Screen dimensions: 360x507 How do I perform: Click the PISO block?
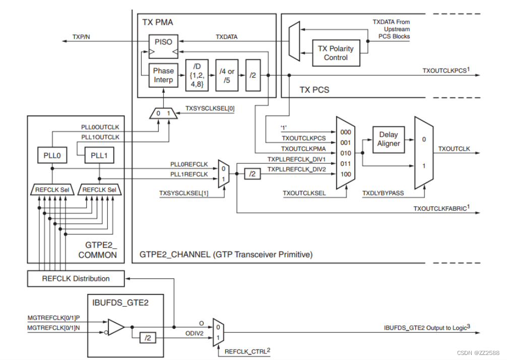coord(163,41)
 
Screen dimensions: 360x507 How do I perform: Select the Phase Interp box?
coord(163,75)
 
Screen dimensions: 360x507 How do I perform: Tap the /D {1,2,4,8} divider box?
coord(196,75)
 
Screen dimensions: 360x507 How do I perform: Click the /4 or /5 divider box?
coord(227,75)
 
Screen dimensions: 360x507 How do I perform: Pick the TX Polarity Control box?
coord(336,53)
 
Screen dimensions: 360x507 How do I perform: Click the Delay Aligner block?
coord(389,139)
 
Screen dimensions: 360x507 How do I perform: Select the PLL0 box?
coord(51,156)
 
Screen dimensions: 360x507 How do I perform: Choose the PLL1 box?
coord(99,156)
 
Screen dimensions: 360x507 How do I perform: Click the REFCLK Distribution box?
coord(76,278)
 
